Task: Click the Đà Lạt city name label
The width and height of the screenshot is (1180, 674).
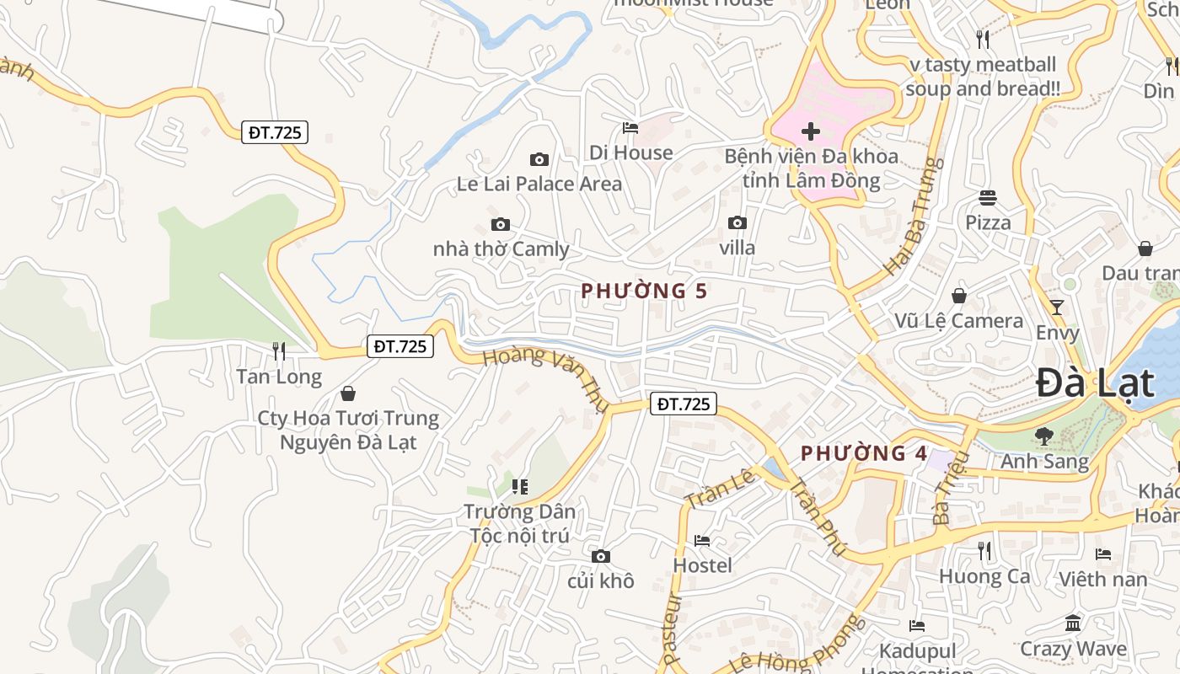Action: coord(1094,383)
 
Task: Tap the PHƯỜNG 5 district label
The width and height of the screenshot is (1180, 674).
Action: coord(644,292)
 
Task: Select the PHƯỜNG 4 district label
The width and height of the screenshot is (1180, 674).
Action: coord(864,453)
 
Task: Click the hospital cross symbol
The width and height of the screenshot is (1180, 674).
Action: coord(811,131)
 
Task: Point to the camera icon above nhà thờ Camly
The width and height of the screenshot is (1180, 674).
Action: coord(501,225)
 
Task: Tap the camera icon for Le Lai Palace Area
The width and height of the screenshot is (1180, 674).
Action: coord(539,159)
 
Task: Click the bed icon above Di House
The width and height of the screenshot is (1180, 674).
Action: coord(630,128)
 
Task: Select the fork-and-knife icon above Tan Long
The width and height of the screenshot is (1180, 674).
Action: coord(279,350)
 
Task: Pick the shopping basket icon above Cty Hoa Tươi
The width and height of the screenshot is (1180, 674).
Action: coord(347,393)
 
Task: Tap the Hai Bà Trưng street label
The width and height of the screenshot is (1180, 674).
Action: coord(912,216)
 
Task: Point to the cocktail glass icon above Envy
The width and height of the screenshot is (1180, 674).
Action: coord(1057,307)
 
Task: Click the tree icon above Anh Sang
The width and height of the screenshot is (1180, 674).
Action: coord(1044,436)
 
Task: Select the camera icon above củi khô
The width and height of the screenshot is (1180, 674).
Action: coord(601,556)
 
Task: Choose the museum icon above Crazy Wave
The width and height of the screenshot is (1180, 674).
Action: coord(1073,623)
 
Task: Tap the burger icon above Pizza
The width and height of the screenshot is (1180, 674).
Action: coord(988,198)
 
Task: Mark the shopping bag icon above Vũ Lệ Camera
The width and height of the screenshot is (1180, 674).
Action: coord(959,296)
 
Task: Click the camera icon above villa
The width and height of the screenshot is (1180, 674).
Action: coord(737,222)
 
